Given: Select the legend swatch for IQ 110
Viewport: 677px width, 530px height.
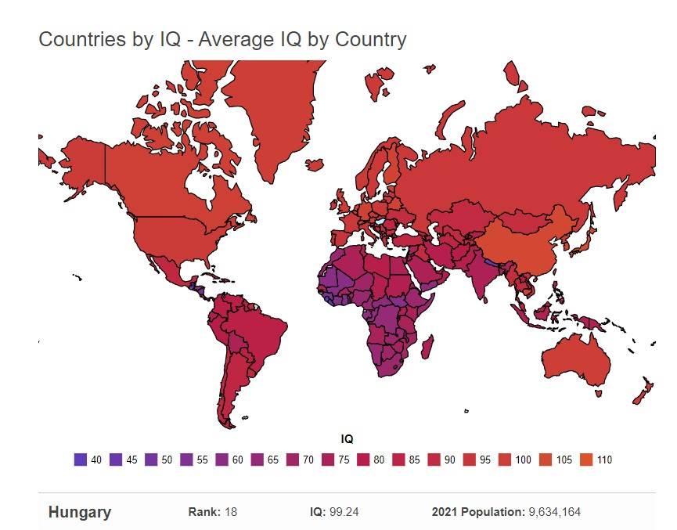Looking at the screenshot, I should click(583, 460).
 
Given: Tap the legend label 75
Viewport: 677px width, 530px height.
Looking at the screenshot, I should click(344, 460).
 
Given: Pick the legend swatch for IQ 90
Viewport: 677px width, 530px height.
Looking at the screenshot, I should click(434, 460).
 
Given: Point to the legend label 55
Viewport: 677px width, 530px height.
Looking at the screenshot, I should click(202, 460).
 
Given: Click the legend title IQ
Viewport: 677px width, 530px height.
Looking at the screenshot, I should click(347, 440).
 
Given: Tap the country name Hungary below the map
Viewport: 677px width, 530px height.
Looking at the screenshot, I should click(80, 513).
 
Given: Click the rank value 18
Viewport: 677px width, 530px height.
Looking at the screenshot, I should click(231, 513).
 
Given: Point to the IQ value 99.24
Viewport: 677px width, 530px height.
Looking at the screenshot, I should click(345, 513).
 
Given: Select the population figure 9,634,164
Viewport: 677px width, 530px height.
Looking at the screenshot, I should click(553, 513).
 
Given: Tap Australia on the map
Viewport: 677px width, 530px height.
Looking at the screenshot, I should click(576, 359).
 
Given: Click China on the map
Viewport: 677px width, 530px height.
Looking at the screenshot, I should click(520, 235).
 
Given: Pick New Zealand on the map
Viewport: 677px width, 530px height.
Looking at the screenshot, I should click(644, 391).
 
